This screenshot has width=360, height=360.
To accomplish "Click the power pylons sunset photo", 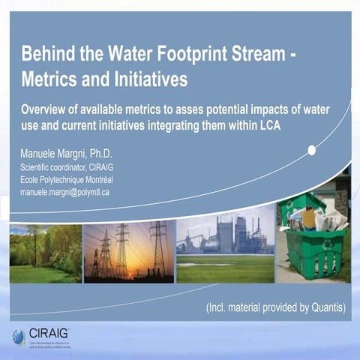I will click(128, 252).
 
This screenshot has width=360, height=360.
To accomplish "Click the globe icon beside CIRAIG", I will click(18, 337).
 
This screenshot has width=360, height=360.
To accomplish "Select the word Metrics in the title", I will click(49, 77).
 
